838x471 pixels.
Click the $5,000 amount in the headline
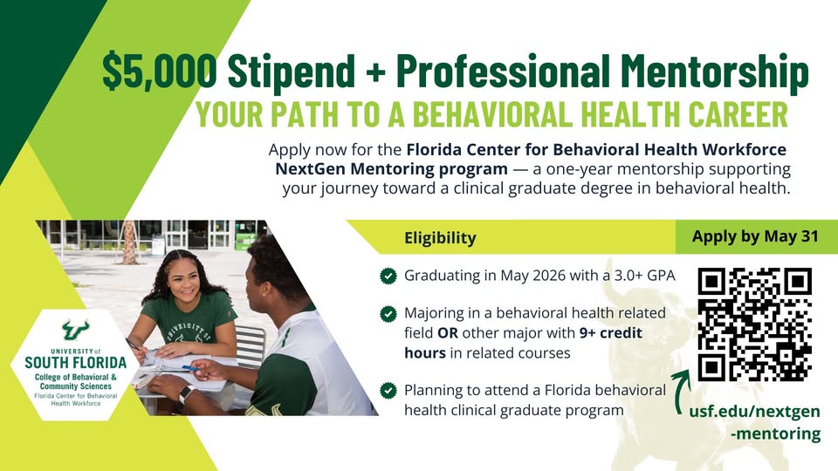point(159,71)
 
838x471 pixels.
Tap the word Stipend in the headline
point(292,70)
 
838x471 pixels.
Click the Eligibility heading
point(440,237)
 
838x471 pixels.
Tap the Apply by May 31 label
point(755,236)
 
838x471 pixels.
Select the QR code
point(754,324)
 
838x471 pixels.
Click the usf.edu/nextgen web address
point(754,422)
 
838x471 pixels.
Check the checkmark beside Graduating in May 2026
point(388,276)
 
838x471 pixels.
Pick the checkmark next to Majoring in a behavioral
point(388,313)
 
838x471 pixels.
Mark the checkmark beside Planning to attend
point(388,391)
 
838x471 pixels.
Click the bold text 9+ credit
point(611,332)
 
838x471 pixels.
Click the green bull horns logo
point(75,330)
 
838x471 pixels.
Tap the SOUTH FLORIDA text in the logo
point(75,363)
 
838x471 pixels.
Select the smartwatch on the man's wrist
point(186,394)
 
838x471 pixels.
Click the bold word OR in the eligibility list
point(447,332)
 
